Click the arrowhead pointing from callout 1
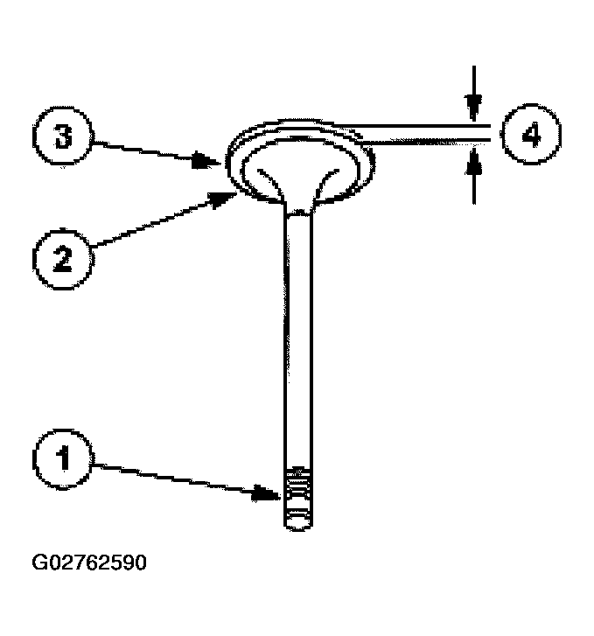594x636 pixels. point(274,494)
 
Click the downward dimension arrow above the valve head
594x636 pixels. point(472,107)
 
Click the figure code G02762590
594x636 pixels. point(89,562)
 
